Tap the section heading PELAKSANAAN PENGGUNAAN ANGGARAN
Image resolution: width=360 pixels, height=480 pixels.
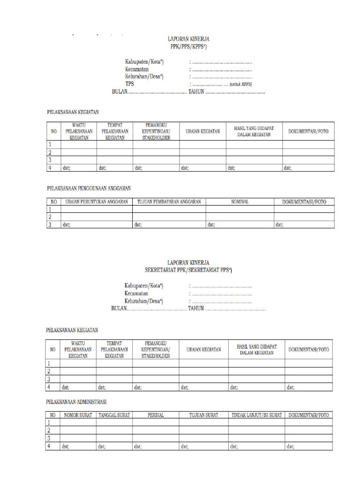[x=89, y=188]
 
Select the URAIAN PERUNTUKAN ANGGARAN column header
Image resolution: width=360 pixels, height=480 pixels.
[x=96, y=202]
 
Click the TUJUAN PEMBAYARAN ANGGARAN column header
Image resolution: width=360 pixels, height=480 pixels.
[x=169, y=202]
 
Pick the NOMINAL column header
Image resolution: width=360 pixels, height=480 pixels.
[x=240, y=202]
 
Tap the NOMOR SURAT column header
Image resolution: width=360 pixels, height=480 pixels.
[x=78, y=415]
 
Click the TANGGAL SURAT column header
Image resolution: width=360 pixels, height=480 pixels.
[x=114, y=415]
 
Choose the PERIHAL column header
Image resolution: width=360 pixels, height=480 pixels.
[x=155, y=415]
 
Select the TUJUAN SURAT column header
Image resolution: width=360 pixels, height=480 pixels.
[x=203, y=415]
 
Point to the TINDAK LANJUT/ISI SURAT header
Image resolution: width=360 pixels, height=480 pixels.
[x=256, y=415]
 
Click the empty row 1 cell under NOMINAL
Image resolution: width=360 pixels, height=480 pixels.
[x=240, y=209]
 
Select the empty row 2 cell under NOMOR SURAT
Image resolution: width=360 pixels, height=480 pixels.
[x=78, y=430]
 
